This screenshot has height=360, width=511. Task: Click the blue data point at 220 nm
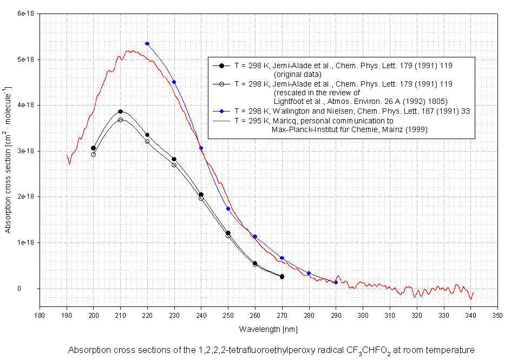(147, 43)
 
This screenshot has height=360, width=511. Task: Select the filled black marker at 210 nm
(120, 112)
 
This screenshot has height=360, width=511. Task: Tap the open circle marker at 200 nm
(93, 154)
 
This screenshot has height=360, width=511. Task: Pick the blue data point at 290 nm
(336, 282)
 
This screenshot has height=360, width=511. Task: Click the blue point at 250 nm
(228, 208)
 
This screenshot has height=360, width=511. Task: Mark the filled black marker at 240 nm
(201, 194)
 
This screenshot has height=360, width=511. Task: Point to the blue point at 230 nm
(174, 82)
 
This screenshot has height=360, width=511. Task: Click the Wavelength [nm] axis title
(268, 329)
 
